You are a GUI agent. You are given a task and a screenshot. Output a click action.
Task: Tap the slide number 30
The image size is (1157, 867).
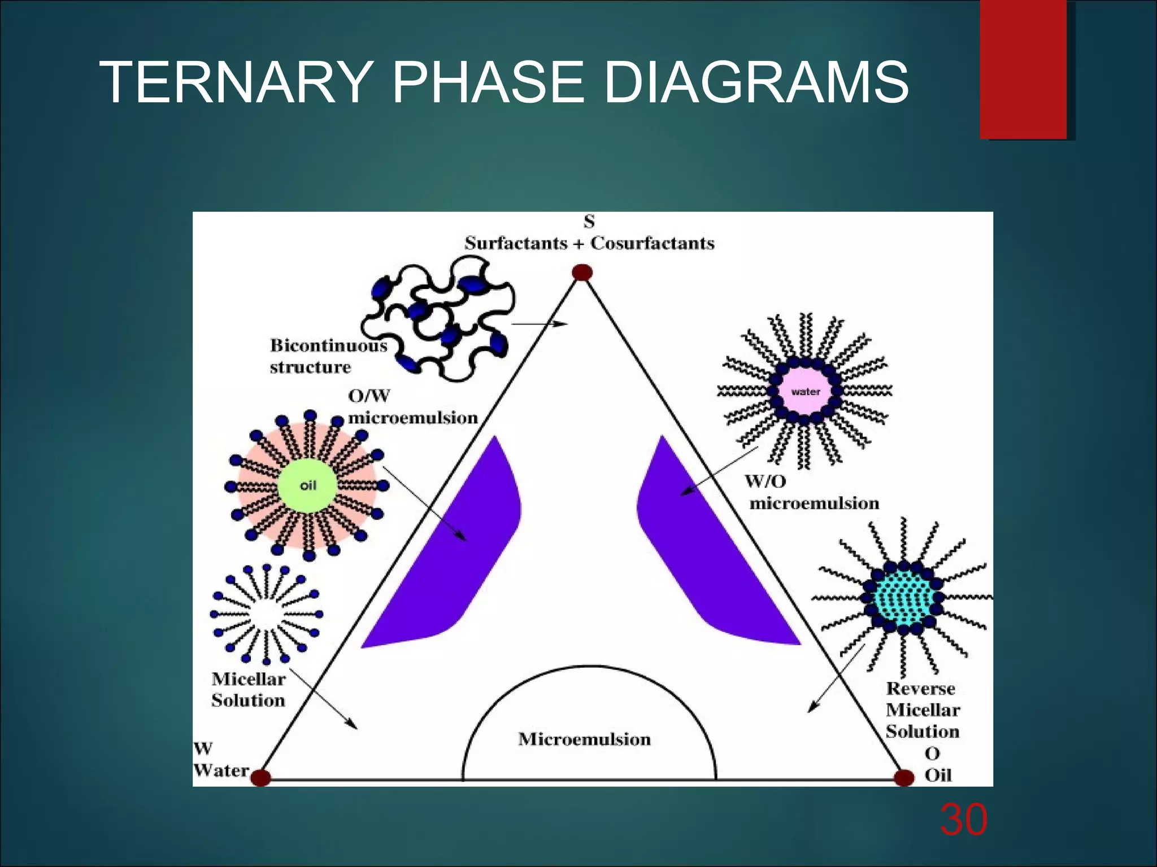pos(964,820)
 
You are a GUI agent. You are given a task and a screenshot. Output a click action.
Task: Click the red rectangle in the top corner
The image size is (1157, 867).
pos(1023,69)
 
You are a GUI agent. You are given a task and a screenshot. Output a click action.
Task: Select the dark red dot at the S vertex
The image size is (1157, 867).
pos(582,273)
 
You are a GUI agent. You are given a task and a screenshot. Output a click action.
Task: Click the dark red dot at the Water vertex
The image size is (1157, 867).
pos(260,777)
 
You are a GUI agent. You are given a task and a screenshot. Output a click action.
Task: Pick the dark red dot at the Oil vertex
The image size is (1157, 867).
pos(904,778)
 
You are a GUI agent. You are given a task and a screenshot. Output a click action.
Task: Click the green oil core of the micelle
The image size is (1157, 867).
pos(307,485)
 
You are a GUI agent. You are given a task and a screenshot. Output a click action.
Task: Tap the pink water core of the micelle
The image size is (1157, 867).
pos(805,391)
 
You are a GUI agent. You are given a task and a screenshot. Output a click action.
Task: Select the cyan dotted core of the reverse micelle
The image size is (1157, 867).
pos(903,597)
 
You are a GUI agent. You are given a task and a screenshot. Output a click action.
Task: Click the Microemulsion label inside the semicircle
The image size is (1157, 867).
pos(585,739)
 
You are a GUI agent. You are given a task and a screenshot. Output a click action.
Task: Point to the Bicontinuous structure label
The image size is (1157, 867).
pos(328,356)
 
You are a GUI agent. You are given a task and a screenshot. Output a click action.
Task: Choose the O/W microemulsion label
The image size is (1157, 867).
pos(412,407)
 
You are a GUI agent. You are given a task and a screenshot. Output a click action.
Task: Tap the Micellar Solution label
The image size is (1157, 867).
pos(249,689)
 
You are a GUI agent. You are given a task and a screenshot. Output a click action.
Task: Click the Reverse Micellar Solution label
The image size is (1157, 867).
pos(923,710)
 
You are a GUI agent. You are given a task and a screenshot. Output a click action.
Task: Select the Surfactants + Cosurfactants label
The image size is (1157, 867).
pos(589,243)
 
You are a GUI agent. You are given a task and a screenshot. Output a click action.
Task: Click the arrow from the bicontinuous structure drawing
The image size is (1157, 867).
pos(540,324)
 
